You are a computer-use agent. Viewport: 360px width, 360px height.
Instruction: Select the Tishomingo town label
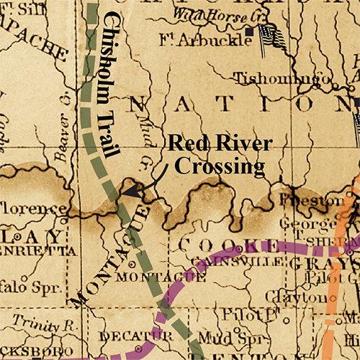pos(286,75)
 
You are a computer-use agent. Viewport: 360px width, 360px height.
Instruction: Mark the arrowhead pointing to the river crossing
pos(123,192)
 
